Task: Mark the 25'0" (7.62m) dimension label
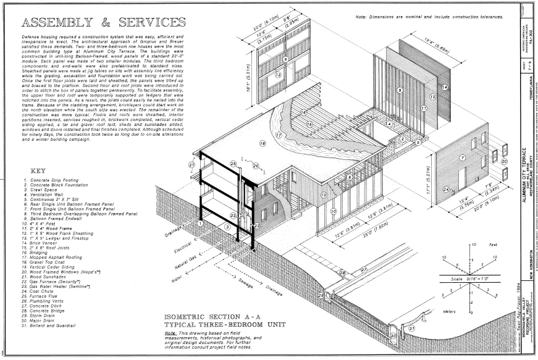(x=348, y=241)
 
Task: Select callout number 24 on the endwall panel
(x=445, y=189)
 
